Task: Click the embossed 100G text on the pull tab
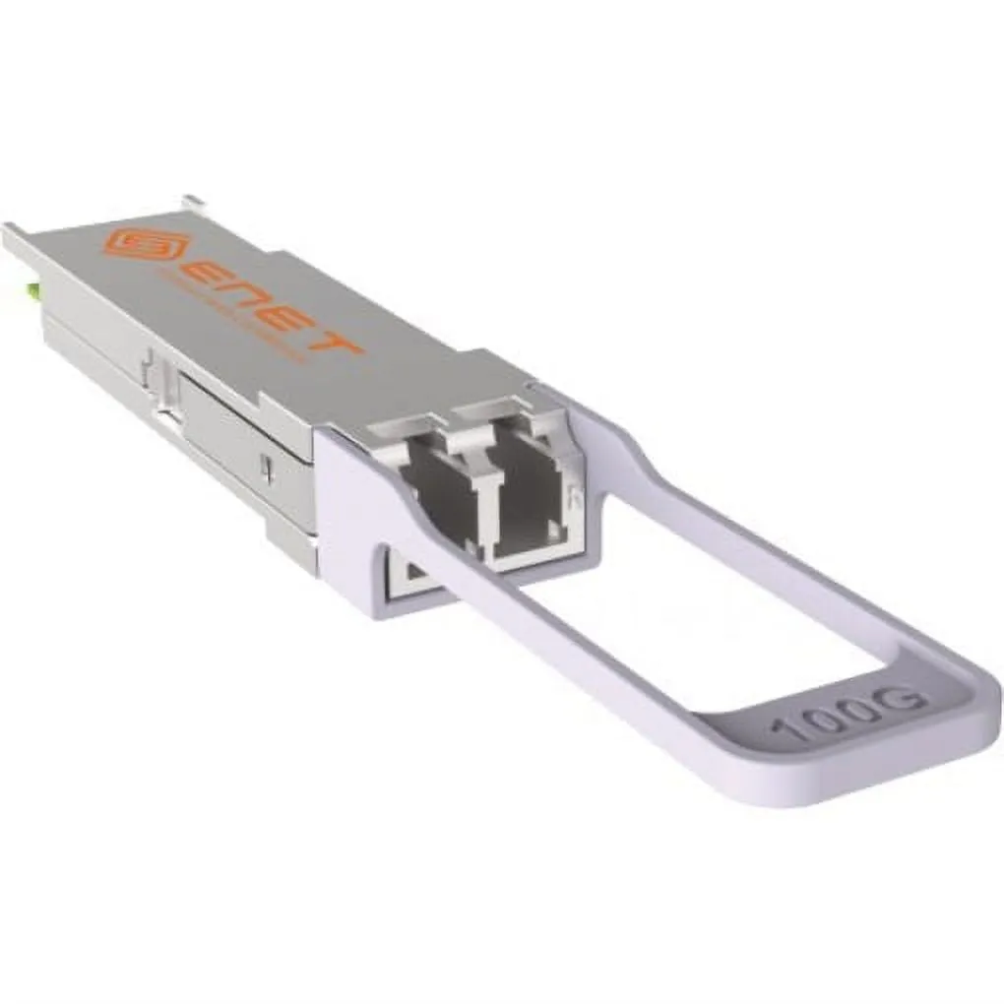(847, 714)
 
